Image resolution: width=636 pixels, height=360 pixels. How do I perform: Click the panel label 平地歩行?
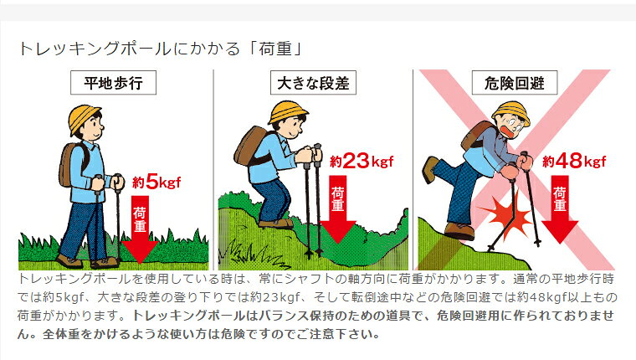(113, 83)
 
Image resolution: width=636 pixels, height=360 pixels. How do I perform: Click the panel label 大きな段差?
(313, 83)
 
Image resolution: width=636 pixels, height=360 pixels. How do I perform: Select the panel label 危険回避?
(515, 83)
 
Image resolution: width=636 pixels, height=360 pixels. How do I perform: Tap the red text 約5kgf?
(156, 182)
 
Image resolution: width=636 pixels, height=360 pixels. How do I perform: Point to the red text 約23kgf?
(362, 161)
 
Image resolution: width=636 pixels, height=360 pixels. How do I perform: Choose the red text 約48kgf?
(574, 161)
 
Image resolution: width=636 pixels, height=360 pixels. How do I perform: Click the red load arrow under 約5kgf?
(140, 229)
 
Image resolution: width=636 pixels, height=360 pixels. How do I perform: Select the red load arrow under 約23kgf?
(338, 209)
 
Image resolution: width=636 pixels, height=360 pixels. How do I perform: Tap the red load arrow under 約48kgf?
(560, 209)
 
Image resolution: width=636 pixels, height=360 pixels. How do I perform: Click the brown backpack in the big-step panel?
(249, 146)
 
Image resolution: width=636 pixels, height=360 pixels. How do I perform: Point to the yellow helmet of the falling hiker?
(512, 111)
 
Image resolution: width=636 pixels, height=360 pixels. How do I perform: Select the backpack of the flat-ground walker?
(71, 165)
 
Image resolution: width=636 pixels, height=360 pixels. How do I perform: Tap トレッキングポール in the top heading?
(95, 49)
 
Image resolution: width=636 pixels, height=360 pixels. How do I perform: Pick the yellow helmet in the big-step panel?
(287, 111)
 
